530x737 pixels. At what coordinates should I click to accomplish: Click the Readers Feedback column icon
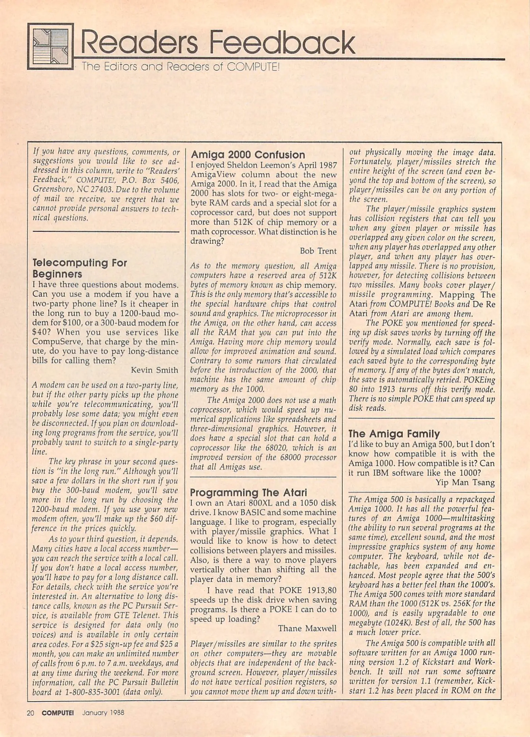(50, 46)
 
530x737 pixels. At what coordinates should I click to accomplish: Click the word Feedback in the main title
(281, 44)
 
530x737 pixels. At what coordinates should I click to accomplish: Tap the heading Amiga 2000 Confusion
(248, 155)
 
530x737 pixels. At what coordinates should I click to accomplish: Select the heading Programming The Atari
(248, 492)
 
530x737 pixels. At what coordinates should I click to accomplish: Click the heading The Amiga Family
(394, 434)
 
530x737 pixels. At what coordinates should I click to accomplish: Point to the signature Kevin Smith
(154, 370)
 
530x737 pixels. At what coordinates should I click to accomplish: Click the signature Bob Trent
(318, 251)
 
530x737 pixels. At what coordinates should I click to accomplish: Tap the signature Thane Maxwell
(307, 628)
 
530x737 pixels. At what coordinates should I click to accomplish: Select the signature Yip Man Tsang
(465, 482)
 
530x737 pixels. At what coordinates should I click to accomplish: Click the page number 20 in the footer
(30, 713)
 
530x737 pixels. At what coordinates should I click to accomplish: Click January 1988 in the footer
(103, 713)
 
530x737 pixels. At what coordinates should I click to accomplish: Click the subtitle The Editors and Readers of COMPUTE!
(180, 67)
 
